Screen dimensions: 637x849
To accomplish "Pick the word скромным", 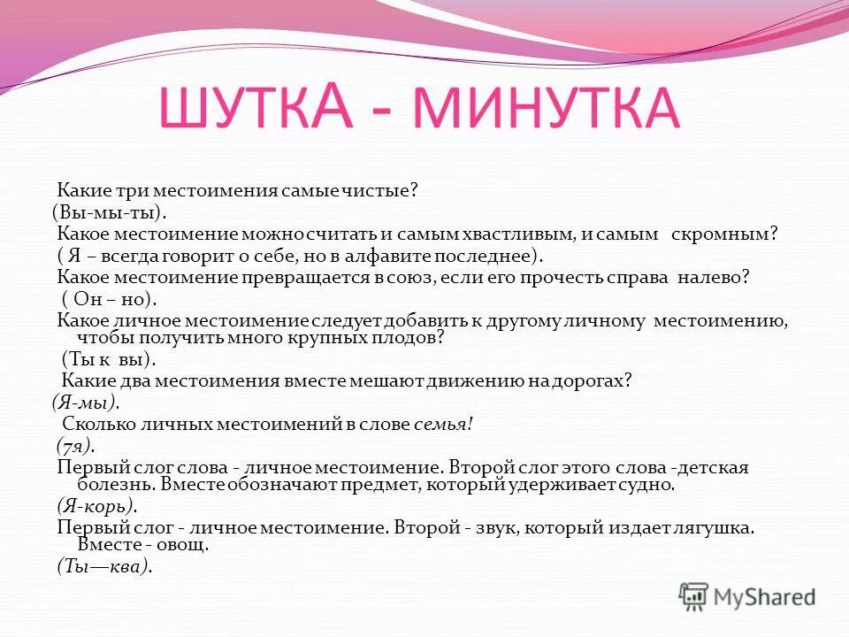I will tap(737, 234).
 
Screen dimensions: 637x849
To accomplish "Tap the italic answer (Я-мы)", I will tap(86, 402).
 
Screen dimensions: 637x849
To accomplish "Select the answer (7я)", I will tap(75, 445).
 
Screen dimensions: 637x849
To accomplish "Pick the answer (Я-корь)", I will tap(96, 506).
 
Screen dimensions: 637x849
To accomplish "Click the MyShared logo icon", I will tap(694, 596).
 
